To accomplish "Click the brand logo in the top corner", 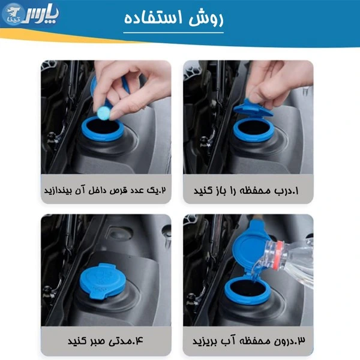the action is (x=31, y=14).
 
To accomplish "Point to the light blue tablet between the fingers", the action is (x=104, y=113).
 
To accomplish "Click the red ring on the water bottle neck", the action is (x=279, y=254).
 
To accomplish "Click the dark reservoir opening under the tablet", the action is (x=103, y=127).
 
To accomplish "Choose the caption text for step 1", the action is (x=246, y=191).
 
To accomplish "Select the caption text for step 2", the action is (x=105, y=190).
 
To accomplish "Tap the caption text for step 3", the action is (x=249, y=341).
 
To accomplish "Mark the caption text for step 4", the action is (x=105, y=341).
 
